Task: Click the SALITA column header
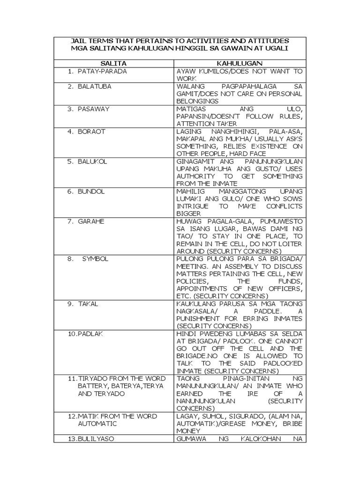(x=113, y=63)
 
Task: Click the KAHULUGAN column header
(x=239, y=63)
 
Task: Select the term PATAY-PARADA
(x=102, y=72)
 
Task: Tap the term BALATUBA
(x=95, y=87)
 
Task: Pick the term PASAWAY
(x=94, y=109)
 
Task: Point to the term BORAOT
(x=92, y=132)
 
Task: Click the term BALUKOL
(x=93, y=162)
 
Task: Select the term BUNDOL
(x=91, y=192)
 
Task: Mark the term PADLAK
(x=92, y=334)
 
